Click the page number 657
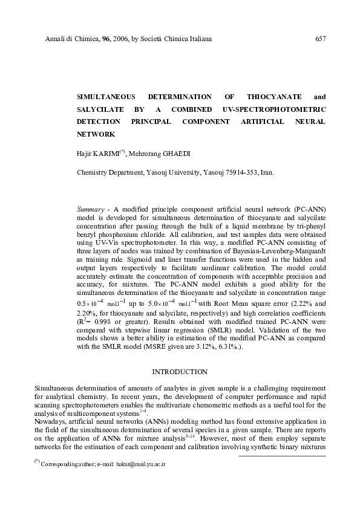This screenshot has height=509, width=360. point(321,39)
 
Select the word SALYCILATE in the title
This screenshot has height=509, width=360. point(99,109)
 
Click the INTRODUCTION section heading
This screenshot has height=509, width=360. point(179,371)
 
